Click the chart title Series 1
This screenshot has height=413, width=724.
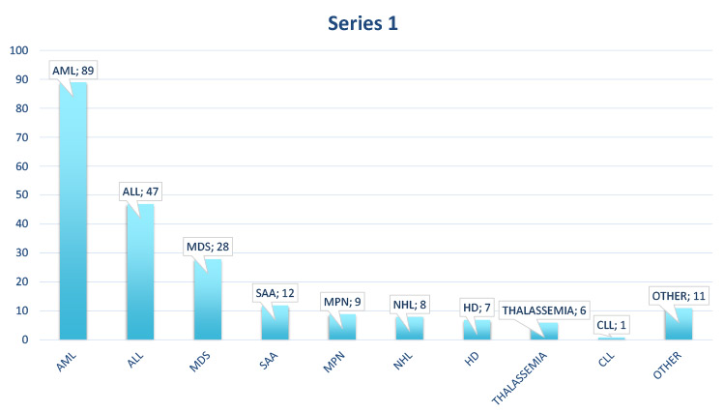point(362,23)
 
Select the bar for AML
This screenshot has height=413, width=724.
point(72,213)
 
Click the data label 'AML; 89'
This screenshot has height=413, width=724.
point(76,71)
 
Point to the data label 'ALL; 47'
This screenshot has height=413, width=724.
point(140,192)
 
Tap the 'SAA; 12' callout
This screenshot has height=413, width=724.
point(274,293)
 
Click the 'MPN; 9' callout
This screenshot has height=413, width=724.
point(340,302)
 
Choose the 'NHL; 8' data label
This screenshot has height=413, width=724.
point(408,305)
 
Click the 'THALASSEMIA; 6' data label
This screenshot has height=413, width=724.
point(543,310)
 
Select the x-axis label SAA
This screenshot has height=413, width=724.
point(270,359)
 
